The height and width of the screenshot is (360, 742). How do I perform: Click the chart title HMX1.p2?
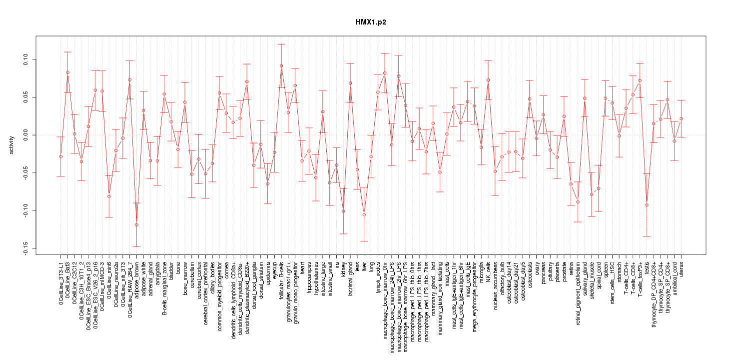tap(371, 22)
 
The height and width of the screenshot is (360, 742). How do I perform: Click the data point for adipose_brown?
tap(136, 225)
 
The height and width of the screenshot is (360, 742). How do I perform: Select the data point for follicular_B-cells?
tap(281, 65)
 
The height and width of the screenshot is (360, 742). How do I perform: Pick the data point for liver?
tap(364, 214)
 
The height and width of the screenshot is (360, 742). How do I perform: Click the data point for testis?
tap(647, 205)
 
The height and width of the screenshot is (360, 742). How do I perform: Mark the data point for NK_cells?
tap(488, 80)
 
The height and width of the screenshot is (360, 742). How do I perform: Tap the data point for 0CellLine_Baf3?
tap(67, 72)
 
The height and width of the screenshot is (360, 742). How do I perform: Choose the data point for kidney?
tap(343, 211)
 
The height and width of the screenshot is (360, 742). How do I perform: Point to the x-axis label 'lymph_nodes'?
tap(378, 277)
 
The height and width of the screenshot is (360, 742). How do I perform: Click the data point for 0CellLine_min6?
tap(109, 196)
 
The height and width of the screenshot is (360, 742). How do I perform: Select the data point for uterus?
tap(681, 118)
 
